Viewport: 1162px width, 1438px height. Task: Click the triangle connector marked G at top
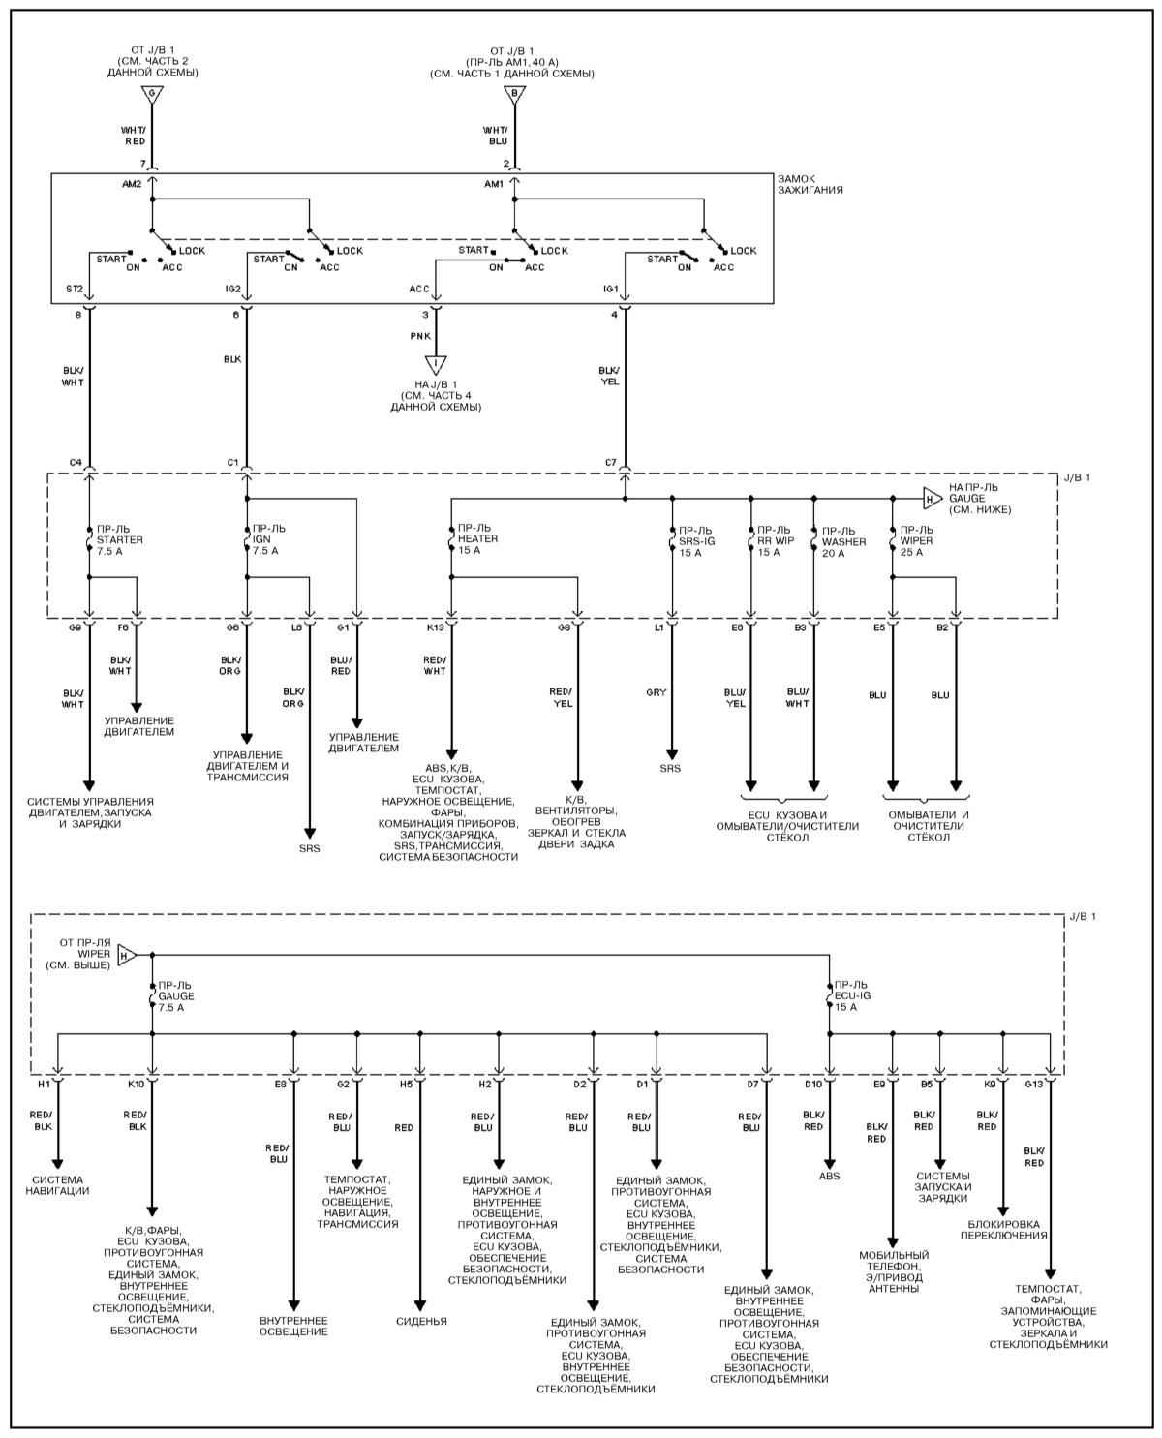pyautogui.click(x=152, y=94)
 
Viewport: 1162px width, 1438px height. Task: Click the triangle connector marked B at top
pyautogui.click(x=514, y=94)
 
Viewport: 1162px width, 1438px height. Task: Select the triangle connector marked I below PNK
pyautogui.click(x=436, y=364)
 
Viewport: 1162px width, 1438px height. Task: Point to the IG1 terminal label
pyautogui.click(x=610, y=289)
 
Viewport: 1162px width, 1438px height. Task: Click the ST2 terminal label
pyautogui.click(x=75, y=289)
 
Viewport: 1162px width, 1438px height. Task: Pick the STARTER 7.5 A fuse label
pyautogui.click(x=119, y=540)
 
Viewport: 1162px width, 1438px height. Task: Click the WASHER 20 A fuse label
pyautogui.click(x=843, y=541)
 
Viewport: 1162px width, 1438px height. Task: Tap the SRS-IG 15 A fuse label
pyautogui.click(x=697, y=541)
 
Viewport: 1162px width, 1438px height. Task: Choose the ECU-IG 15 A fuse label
pyautogui.click(x=852, y=995)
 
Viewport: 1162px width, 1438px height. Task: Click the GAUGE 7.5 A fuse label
pyautogui.click(x=175, y=996)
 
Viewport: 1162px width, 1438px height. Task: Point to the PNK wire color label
pyautogui.click(x=420, y=336)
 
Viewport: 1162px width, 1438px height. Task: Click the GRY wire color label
pyautogui.click(x=656, y=692)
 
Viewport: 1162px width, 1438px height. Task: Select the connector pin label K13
pyautogui.click(x=436, y=627)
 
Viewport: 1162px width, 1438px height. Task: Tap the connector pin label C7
pyautogui.click(x=610, y=463)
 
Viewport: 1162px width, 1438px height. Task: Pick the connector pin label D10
pyautogui.click(x=813, y=1085)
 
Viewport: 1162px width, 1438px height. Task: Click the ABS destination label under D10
pyautogui.click(x=829, y=1176)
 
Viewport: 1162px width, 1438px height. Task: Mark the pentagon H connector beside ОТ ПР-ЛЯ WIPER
pyautogui.click(x=127, y=956)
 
